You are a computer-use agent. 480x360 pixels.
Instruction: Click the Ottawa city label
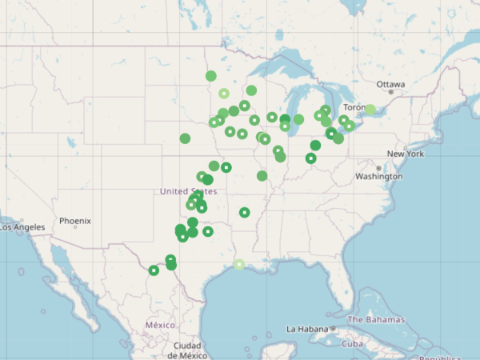pyautogui.click(x=391, y=84)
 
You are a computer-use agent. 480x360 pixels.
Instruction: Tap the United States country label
pyautogui.click(x=187, y=192)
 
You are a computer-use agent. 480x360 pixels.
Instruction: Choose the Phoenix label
pyautogui.click(x=74, y=220)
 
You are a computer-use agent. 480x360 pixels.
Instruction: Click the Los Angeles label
pyautogui.click(x=22, y=228)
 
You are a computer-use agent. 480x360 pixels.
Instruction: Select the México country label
pyautogui.click(x=160, y=325)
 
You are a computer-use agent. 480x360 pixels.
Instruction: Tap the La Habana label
pyautogui.click(x=307, y=329)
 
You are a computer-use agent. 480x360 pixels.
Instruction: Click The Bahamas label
pyautogui.click(x=376, y=320)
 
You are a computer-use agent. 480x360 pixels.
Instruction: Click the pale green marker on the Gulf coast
pyautogui.click(x=239, y=264)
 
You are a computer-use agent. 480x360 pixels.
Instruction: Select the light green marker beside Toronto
pyautogui.click(x=370, y=110)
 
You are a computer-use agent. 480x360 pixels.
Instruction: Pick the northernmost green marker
pyautogui.click(x=211, y=76)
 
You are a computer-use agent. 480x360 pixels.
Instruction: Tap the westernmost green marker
pyautogui.click(x=154, y=270)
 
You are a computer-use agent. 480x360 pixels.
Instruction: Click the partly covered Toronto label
pyautogui.click(x=353, y=107)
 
